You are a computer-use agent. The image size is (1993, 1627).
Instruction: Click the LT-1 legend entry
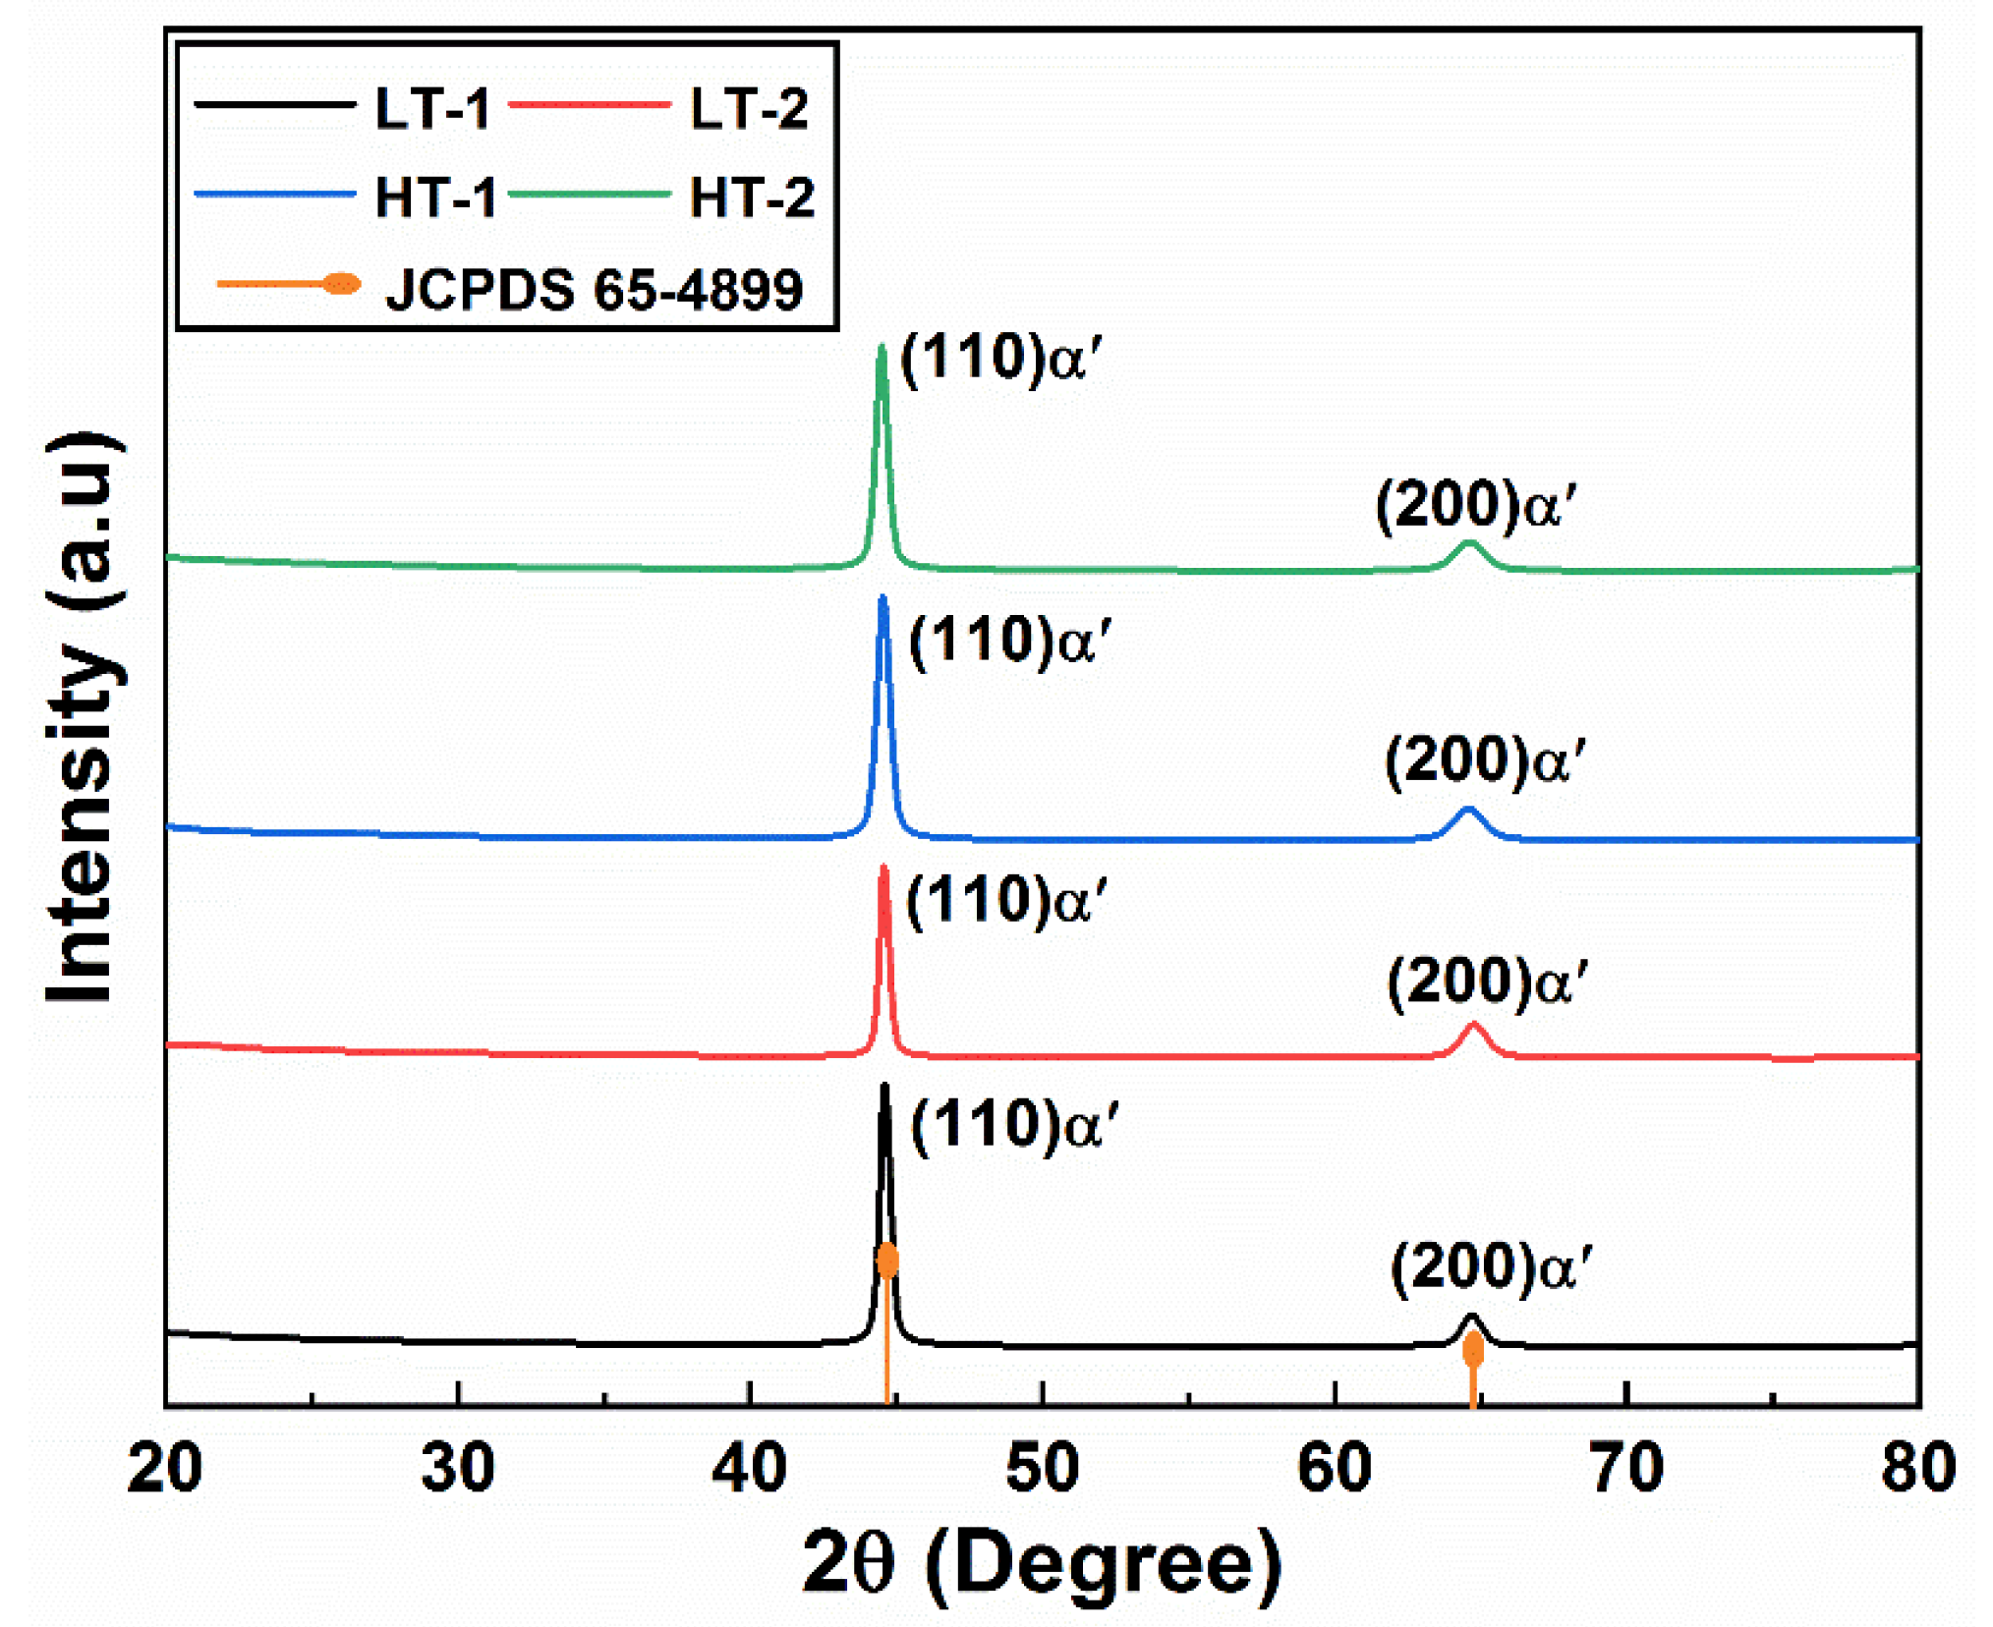(x=431, y=108)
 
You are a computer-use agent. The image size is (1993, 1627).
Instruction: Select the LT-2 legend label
(x=749, y=108)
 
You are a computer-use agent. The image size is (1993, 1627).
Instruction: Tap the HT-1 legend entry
(x=435, y=197)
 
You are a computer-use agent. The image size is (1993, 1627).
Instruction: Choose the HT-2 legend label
(x=752, y=197)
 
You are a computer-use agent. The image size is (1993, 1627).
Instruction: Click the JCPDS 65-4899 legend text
(x=594, y=289)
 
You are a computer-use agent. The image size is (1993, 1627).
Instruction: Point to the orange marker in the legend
(x=341, y=284)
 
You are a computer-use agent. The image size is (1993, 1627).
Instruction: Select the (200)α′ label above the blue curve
(x=1484, y=761)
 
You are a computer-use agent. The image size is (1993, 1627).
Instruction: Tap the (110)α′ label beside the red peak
(x=1005, y=901)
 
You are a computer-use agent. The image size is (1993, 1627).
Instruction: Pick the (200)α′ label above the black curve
(x=1490, y=1266)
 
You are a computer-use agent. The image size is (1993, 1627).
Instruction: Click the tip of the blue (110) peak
(x=883, y=598)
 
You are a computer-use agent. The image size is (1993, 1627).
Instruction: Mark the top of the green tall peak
(x=882, y=348)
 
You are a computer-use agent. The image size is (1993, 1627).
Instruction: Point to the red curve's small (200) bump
(x=1472, y=1027)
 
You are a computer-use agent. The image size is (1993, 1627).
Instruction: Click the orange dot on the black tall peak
(x=887, y=1260)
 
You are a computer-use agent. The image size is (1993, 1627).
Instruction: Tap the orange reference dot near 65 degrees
(x=1472, y=1351)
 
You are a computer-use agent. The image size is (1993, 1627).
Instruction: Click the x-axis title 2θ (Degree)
(x=1042, y=1562)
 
